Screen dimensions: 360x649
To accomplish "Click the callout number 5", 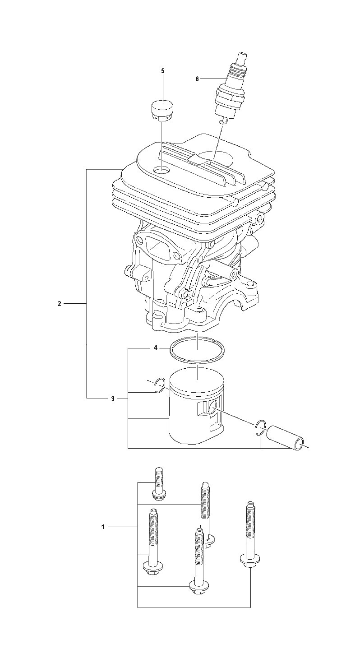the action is (x=162, y=71).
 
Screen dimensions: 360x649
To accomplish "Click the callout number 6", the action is (x=197, y=79).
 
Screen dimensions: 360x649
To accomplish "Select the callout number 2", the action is (x=60, y=304).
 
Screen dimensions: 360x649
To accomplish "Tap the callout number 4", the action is (x=156, y=348).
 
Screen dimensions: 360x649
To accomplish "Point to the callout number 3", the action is (x=113, y=399).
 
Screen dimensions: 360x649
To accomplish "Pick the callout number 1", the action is (x=103, y=527).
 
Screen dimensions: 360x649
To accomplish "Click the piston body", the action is (x=197, y=410).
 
